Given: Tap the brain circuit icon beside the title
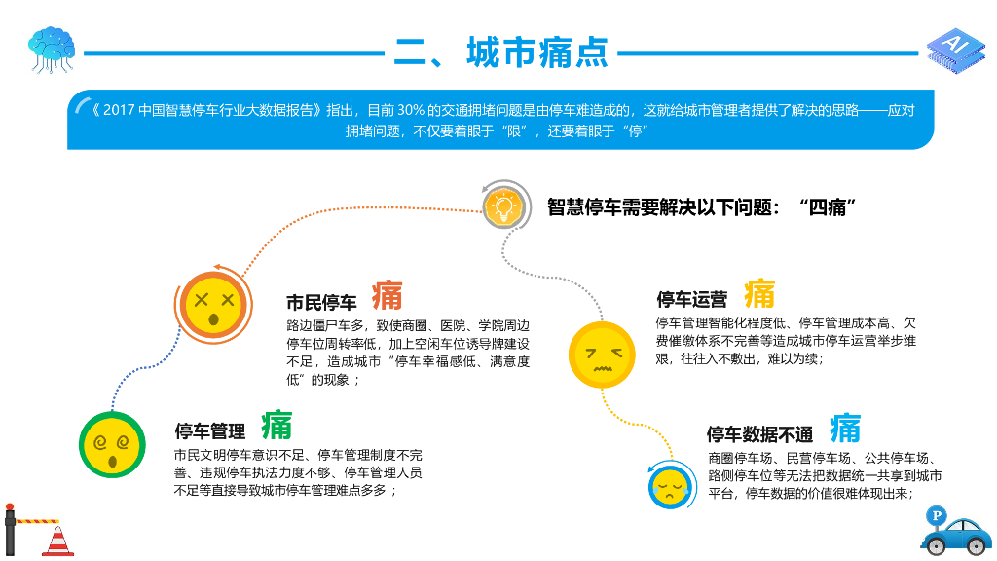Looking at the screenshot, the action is tap(52, 49).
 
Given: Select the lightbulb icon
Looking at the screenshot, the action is tap(504, 206).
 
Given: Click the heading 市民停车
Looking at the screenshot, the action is tap(321, 302).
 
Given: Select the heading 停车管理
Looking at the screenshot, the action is tap(210, 431).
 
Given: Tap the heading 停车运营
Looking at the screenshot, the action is tap(692, 299).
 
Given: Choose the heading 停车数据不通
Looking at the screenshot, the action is tap(759, 434).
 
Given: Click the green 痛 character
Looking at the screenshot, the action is tap(277, 426).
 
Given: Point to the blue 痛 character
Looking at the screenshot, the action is tap(845, 428).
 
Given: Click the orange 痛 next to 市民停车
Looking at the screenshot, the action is tap(388, 295).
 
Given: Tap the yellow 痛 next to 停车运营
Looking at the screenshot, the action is tap(759, 293).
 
